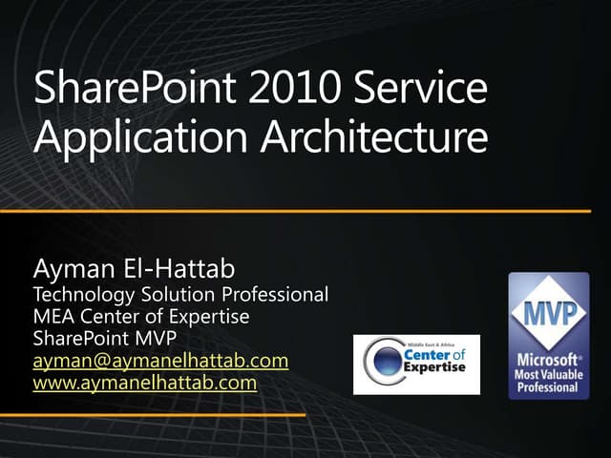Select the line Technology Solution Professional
(x=180, y=296)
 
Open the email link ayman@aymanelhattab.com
(x=160, y=362)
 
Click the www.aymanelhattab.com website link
(x=145, y=384)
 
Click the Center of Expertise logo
(x=416, y=364)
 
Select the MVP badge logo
(x=548, y=335)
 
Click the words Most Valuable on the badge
(x=548, y=375)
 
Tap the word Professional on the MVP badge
(x=548, y=388)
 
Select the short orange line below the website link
(x=153, y=415)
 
